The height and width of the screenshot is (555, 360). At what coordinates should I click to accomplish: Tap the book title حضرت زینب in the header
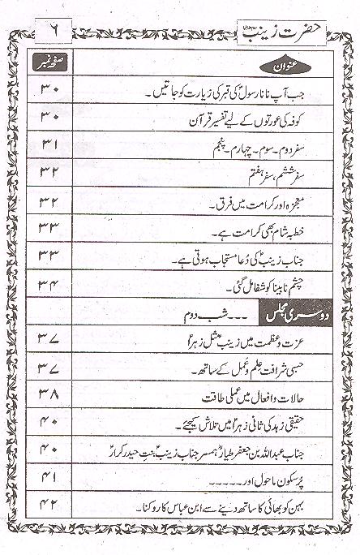coord(270,14)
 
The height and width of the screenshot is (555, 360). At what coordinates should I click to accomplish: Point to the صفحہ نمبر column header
coord(46,62)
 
